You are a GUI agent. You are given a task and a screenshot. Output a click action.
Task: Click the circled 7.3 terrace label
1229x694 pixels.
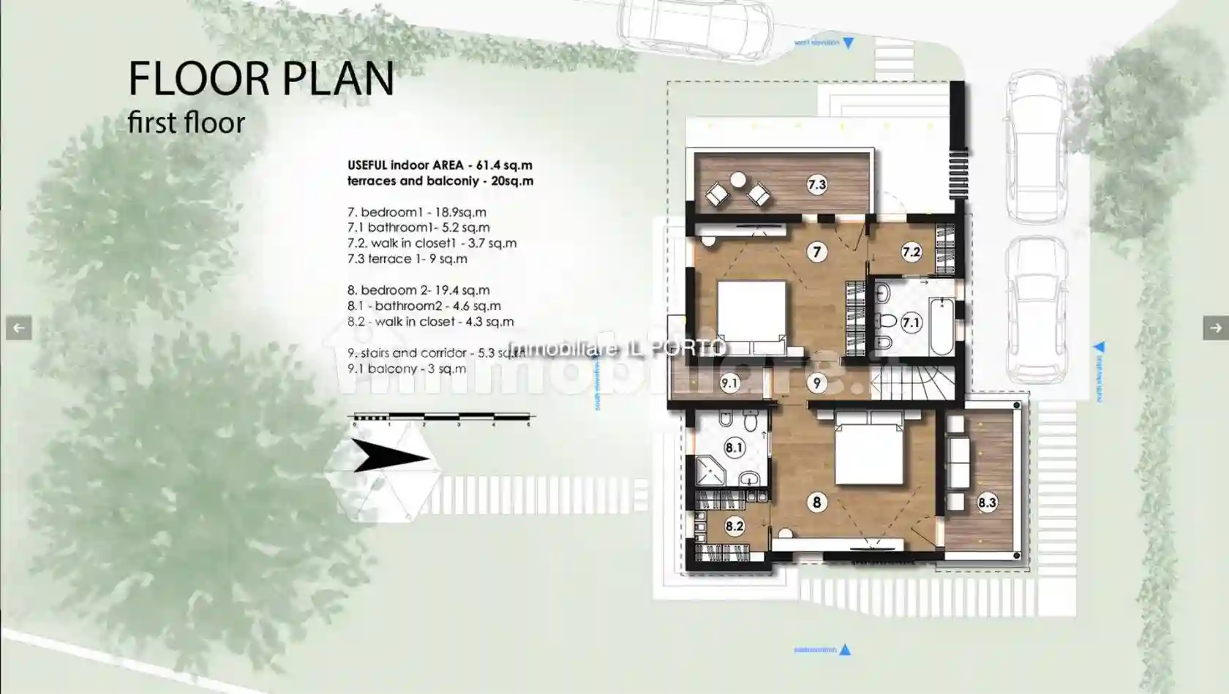click(x=816, y=185)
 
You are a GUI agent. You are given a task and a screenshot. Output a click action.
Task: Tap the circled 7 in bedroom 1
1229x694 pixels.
click(x=816, y=252)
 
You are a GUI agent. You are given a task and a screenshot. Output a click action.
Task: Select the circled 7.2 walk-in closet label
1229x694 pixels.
click(x=911, y=252)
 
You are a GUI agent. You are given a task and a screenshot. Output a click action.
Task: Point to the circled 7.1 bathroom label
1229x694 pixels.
click(x=911, y=323)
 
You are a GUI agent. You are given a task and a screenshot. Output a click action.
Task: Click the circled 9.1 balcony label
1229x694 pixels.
click(x=729, y=382)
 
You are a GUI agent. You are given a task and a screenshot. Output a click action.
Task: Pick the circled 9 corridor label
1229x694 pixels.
click(x=816, y=382)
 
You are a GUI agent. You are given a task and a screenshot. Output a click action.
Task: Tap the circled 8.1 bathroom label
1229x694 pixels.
click(x=734, y=448)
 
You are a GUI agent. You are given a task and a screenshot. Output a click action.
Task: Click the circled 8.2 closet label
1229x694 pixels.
click(x=734, y=526)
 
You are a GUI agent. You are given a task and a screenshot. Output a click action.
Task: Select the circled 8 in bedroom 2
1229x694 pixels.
click(x=816, y=502)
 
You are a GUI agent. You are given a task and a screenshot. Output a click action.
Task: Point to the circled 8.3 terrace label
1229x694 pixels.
click(x=987, y=502)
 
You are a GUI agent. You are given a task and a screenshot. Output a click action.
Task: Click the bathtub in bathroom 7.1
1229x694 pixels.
click(x=942, y=325)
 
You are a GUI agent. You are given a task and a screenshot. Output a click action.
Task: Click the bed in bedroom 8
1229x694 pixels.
click(x=868, y=452)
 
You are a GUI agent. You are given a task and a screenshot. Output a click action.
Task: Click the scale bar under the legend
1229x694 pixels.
click(x=441, y=418)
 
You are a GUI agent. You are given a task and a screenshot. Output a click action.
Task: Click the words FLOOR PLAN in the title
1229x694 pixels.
click(x=261, y=79)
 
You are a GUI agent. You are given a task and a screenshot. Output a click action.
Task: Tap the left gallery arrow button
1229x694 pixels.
click(x=18, y=328)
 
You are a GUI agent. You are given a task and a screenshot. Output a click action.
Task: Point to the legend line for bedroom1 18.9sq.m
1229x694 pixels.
click(x=416, y=212)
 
